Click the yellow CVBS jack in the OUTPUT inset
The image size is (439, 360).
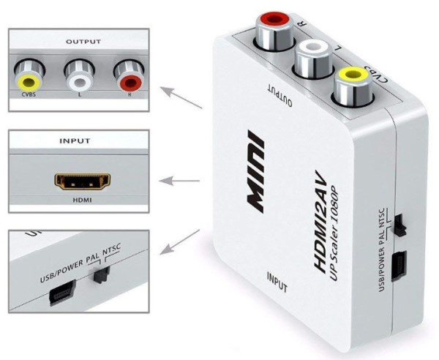pos(30,74)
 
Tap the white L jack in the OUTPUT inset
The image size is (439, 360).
pos(78,73)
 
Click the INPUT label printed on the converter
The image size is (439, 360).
pos(279,277)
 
